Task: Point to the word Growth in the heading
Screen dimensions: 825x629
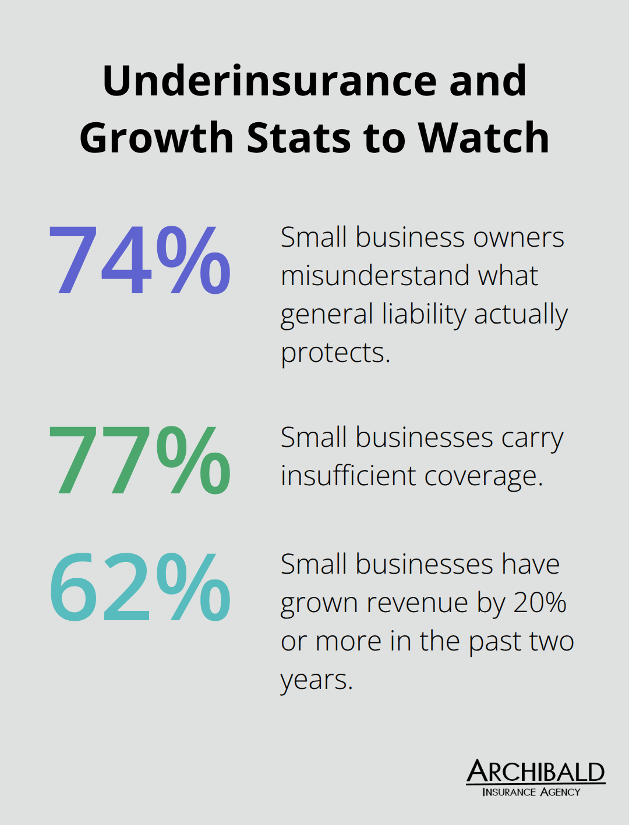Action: click(157, 138)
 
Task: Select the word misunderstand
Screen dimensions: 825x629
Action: click(375, 276)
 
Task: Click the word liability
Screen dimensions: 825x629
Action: click(424, 314)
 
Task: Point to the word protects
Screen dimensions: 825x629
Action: click(335, 353)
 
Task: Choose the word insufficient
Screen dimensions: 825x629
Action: click(348, 476)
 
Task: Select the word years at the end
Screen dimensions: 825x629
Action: click(316, 680)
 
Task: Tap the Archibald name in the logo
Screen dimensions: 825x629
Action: click(535, 772)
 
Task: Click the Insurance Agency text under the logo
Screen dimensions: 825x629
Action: click(531, 792)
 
